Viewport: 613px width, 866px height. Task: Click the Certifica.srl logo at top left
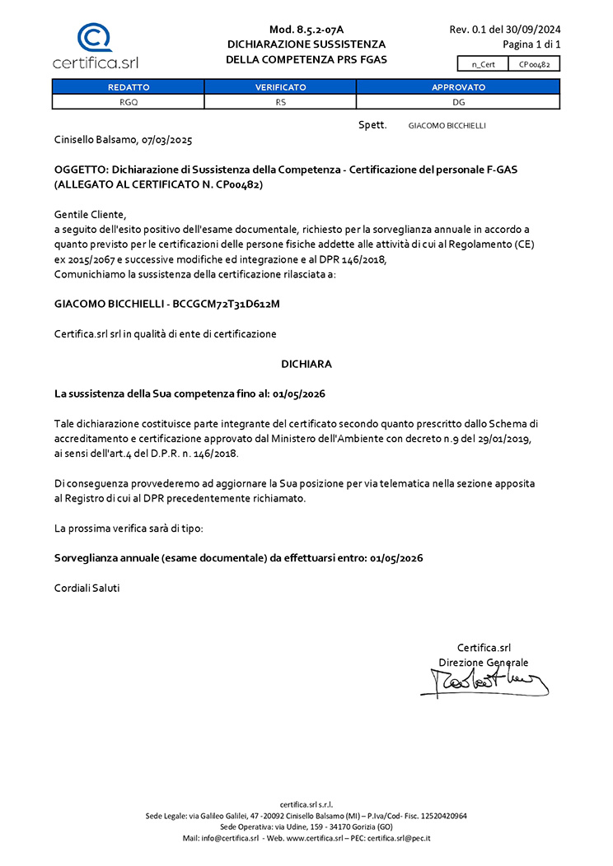[94, 46]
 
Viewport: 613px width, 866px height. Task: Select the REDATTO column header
[129, 86]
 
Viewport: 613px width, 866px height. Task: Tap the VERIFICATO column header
[280, 86]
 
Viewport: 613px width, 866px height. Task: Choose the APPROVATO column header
[458, 86]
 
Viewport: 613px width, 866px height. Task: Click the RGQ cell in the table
[129, 102]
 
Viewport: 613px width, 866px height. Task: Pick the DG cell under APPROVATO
[458, 102]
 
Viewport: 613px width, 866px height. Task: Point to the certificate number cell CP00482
[535, 63]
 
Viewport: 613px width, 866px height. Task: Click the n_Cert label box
[483, 63]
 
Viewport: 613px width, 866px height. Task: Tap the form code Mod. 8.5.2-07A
[306, 30]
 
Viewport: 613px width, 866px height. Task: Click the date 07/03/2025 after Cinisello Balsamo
[167, 141]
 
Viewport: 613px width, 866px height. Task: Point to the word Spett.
[372, 124]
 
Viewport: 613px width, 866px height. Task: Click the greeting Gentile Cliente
[91, 214]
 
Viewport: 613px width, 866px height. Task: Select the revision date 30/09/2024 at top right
[534, 30]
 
